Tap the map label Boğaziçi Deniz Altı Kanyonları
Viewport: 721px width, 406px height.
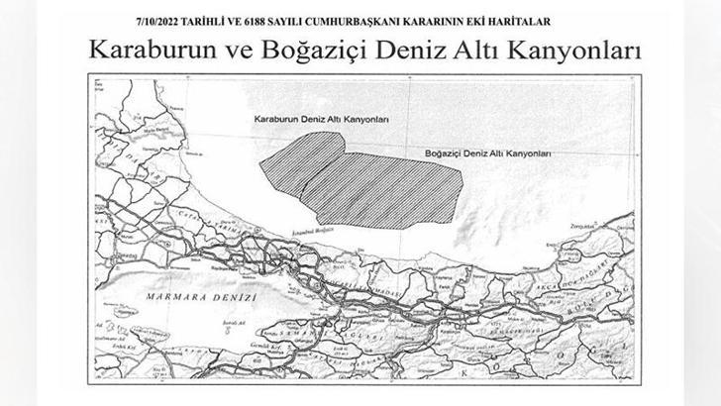click(487, 155)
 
